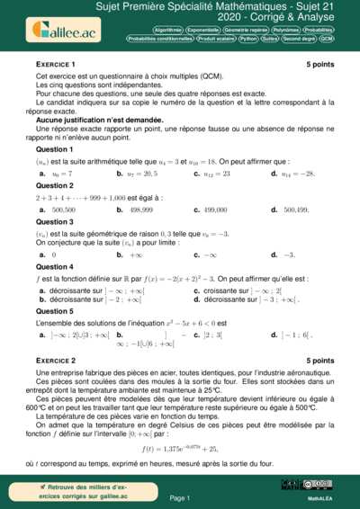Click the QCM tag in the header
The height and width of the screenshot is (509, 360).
[326, 40]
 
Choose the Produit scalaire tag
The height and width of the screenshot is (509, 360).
[216, 40]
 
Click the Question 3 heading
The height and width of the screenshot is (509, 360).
[54, 221]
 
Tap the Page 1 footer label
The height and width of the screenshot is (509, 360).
[180, 497]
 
